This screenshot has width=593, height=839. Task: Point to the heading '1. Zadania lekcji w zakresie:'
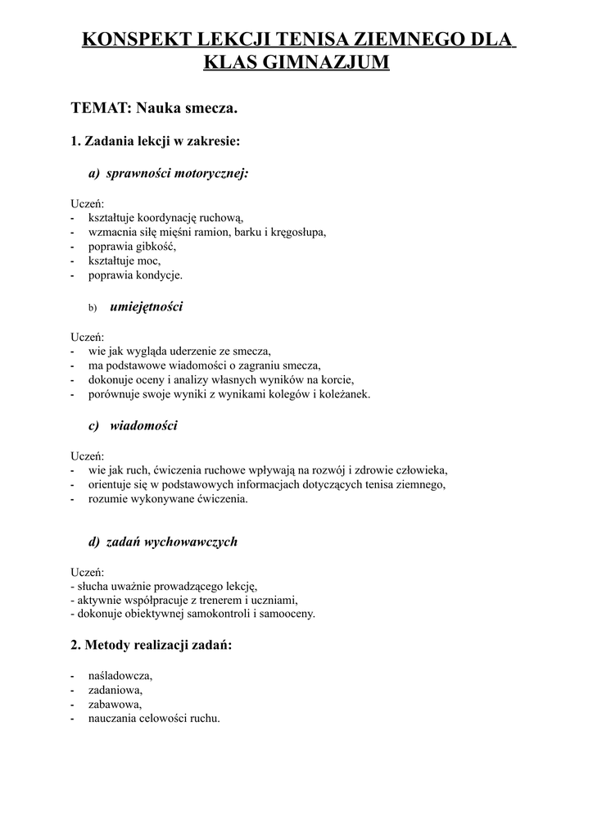click(x=156, y=141)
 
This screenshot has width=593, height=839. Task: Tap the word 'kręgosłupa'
click(x=297, y=232)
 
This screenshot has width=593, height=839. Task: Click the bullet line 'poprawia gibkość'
click(x=132, y=247)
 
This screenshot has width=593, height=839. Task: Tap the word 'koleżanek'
click(x=343, y=394)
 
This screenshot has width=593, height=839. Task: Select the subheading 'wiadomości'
click(x=143, y=426)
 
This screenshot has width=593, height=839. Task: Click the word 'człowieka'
click(x=421, y=470)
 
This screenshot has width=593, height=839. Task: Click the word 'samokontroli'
click(x=205, y=613)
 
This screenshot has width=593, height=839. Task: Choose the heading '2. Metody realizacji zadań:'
click(x=152, y=646)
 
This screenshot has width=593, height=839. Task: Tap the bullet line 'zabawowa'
click(x=115, y=705)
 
